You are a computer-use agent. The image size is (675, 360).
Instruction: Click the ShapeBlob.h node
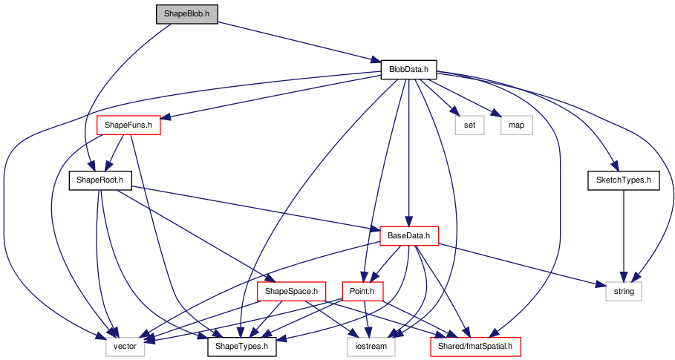[187, 14]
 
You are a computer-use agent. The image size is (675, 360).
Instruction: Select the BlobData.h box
[408, 69]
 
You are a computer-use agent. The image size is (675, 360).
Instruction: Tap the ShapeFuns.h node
[128, 125]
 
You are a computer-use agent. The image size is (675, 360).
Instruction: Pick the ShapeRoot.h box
[100, 180]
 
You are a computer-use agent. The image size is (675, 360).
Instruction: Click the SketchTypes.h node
[623, 180]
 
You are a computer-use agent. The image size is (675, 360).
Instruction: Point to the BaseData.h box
[409, 236]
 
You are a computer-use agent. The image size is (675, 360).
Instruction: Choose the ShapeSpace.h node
[291, 291]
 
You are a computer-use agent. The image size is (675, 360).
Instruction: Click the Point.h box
[362, 291]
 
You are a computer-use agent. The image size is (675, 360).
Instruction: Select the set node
[469, 125]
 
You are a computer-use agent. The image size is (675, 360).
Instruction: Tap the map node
[517, 125]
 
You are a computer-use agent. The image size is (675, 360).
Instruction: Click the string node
[624, 291]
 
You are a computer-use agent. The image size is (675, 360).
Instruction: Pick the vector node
[125, 346]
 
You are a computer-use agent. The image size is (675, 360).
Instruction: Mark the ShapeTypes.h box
[242, 346]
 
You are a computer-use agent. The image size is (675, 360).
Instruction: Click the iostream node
[371, 346]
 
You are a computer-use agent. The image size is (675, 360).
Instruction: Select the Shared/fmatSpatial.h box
[475, 346]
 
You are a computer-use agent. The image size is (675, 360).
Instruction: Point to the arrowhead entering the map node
[496, 113]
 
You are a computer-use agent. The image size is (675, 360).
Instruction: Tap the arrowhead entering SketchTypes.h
[614, 166]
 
